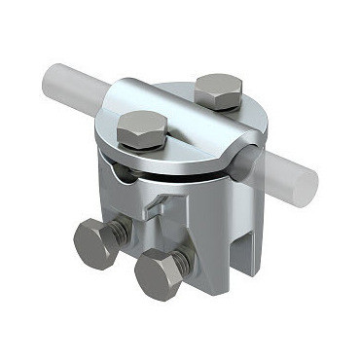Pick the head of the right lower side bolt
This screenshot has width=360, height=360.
pyautogui.click(x=160, y=273)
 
